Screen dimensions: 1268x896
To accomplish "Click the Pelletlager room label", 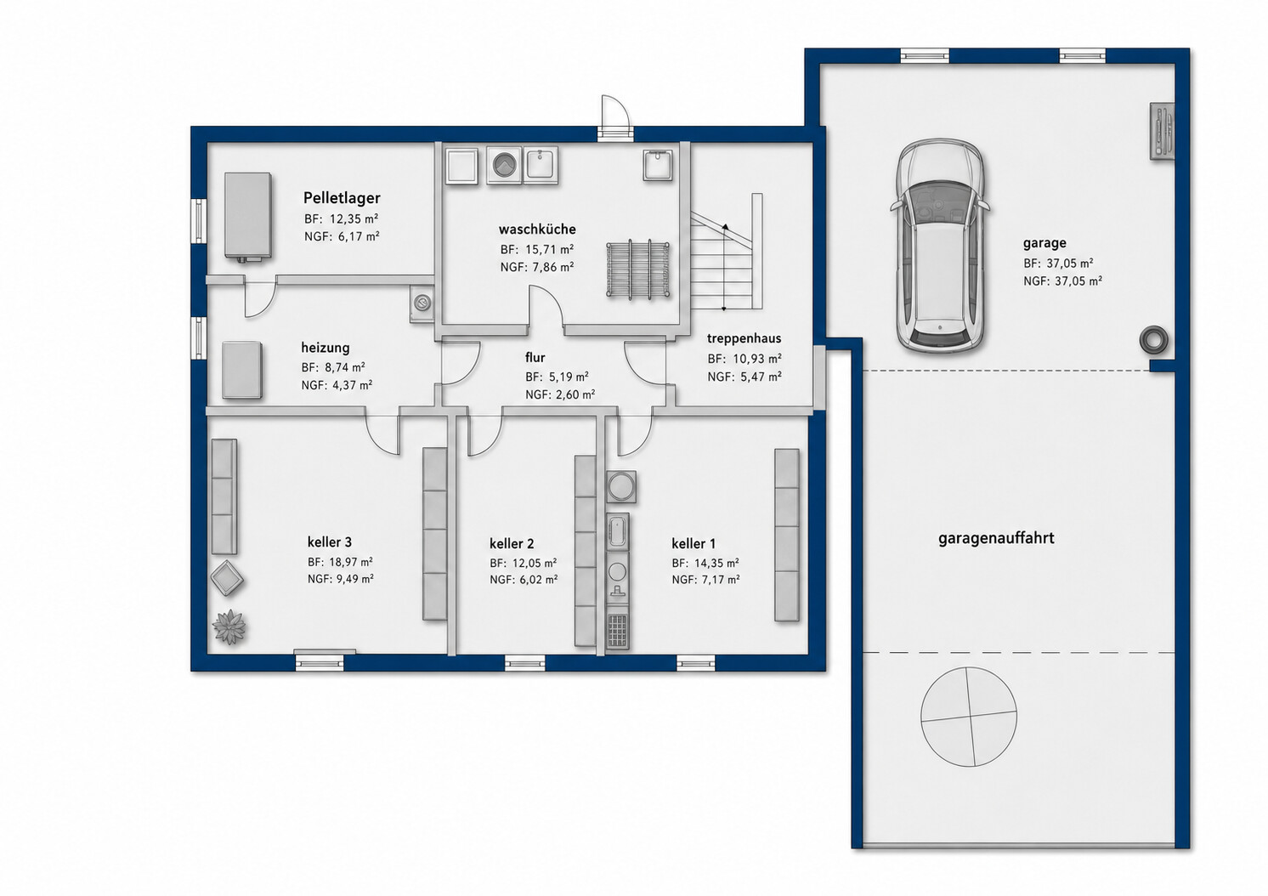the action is tap(342, 198).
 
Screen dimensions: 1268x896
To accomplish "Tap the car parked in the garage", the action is tap(940, 247).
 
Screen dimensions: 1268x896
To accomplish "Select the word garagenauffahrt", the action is tap(996, 537).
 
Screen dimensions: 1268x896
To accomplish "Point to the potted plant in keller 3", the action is tap(229, 627).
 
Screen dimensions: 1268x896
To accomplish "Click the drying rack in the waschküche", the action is tap(638, 269).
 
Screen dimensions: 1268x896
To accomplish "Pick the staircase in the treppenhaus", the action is tap(727, 252).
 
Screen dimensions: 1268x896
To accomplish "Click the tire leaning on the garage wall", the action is tap(1153, 340).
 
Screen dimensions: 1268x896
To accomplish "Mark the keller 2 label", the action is tap(512, 544).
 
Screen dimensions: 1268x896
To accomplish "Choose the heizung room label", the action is tap(325, 347).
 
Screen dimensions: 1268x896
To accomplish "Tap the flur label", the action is tap(535, 357).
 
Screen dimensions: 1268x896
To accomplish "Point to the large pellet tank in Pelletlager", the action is tap(247, 217).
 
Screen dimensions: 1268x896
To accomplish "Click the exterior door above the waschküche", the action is tap(615, 117).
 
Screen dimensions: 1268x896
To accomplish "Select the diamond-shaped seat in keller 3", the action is tap(227, 578).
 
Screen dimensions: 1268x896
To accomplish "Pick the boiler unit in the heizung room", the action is tap(242, 369).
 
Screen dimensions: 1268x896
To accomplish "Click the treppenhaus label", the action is tap(744, 338).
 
